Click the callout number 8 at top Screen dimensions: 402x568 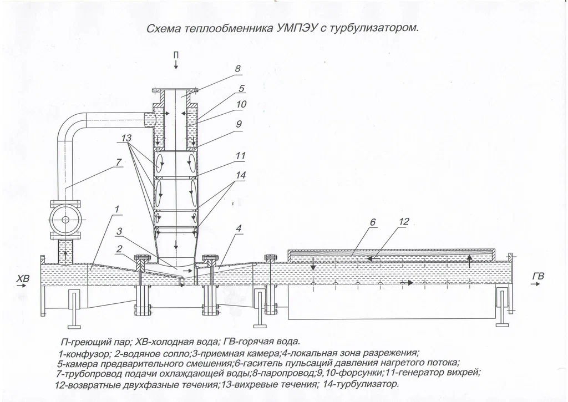[237, 69]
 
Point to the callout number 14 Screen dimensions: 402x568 [240, 174]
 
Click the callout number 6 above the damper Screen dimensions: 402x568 [373, 223]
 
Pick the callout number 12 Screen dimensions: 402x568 [403, 222]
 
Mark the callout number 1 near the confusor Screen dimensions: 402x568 [117, 209]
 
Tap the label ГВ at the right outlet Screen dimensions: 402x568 [537, 276]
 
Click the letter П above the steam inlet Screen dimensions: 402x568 [176, 54]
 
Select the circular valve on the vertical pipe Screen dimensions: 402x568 [65, 220]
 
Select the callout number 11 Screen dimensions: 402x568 [240, 157]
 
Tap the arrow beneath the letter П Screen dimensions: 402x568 [176, 64]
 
